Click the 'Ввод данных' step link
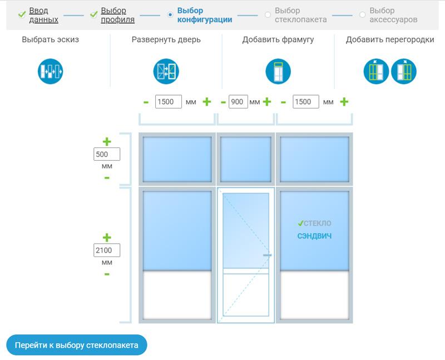tap(44, 15)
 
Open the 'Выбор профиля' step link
tap(117, 15)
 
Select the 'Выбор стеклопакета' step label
tap(300, 15)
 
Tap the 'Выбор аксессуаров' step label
tap(393, 15)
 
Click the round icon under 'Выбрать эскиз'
tap(50, 71)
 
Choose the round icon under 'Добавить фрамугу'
tap(278, 71)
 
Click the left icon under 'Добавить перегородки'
tap(376, 71)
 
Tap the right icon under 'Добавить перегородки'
tap(404, 71)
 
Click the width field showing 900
tap(238, 102)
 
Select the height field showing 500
tap(107, 154)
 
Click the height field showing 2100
tap(107, 250)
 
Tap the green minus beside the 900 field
tap(224, 102)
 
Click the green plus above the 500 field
tap(107, 141)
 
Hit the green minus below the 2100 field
tap(107, 274)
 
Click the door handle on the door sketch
tap(267, 255)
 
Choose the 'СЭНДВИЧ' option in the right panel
tap(314, 236)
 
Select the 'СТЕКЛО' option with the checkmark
tap(314, 224)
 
